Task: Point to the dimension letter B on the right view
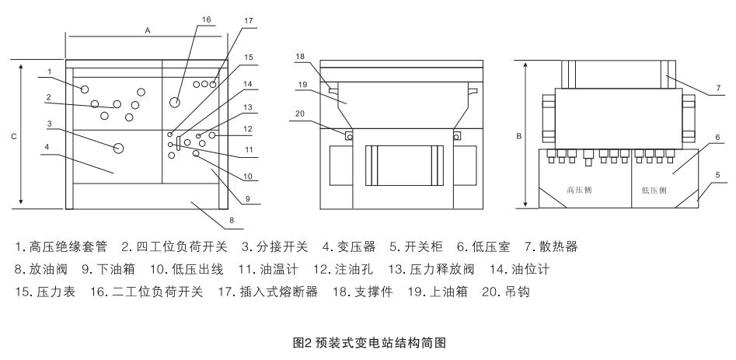point(518,141)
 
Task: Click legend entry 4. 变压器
point(349,246)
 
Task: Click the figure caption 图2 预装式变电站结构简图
point(368,341)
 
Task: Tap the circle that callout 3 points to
point(119,148)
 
